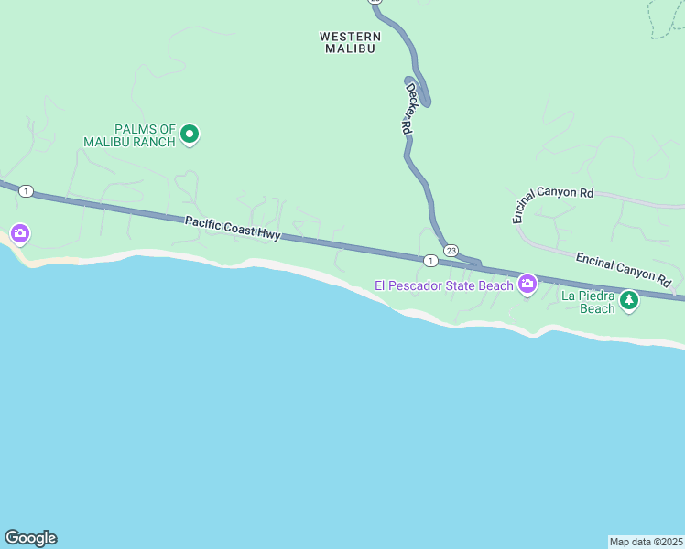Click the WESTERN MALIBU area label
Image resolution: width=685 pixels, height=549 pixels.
click(350, 42)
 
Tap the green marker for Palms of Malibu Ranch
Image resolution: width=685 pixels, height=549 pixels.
click(190, 135)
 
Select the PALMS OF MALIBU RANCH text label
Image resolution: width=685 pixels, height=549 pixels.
click(129, 135)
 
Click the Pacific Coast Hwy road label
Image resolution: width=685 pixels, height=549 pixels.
click(232, 228)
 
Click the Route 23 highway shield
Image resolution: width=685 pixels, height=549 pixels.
click(451, 250)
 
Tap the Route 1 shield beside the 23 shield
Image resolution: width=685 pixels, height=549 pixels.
click(429, 261)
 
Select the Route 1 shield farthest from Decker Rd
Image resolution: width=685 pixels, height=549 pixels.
click(27, 191)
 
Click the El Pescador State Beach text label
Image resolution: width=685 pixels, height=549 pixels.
click(444, 285)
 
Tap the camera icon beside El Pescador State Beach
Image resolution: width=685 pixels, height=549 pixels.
click(527, 285)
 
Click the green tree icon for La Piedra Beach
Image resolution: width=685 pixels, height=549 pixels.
click(628, 300)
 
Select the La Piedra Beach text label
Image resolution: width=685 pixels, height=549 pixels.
click(589, 302)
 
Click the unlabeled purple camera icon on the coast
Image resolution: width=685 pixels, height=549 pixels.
click(19, 234)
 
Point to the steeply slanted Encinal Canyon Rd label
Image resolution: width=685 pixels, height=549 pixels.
click(552, 205)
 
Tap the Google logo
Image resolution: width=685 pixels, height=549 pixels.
click(30, 538)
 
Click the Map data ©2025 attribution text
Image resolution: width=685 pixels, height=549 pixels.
click(646, 541)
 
